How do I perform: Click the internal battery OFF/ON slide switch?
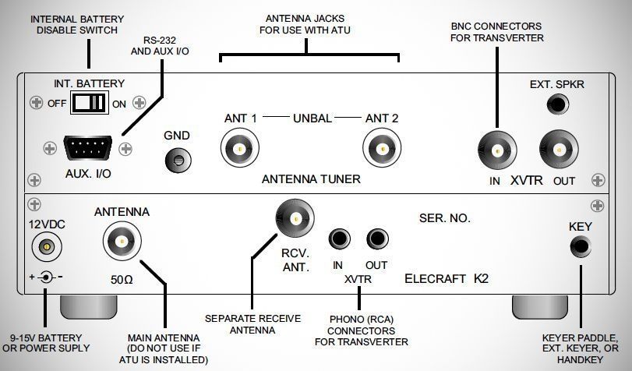click(87, 102)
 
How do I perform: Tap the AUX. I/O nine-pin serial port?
click(87, 147)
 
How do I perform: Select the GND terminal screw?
click(178, 159)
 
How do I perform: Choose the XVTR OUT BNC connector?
click(558, 148)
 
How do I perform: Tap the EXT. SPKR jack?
click(558, 103)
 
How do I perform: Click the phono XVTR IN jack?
click(339, 238)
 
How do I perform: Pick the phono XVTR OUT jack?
click(379, 238)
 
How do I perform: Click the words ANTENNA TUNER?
click(310, 179)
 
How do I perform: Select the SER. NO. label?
click(445, 219)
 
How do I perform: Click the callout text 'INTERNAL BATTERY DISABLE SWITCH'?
click(76, 23)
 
